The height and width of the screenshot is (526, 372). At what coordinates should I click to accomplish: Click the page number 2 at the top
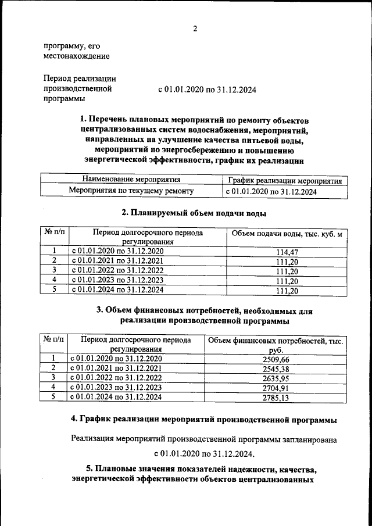click(x=196, y=29)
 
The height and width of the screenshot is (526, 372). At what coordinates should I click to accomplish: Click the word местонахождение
click(x=76, y=56)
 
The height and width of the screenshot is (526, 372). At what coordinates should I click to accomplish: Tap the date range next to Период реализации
click(x=207, y=90)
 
